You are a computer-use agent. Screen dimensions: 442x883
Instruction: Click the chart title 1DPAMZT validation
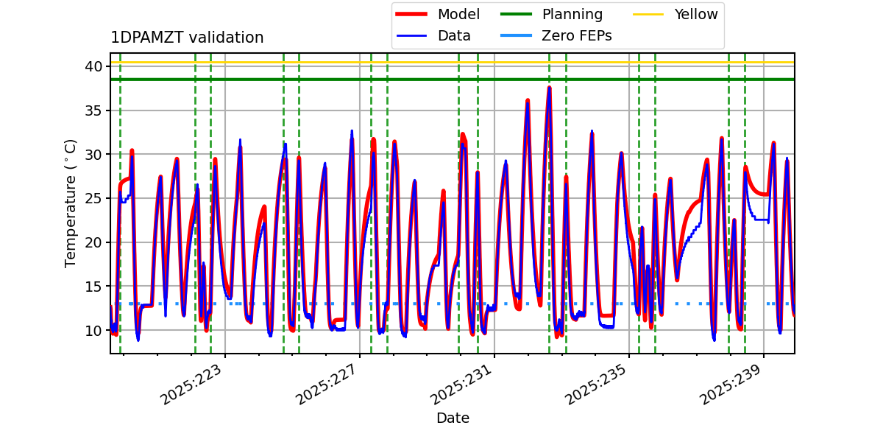(187, 38)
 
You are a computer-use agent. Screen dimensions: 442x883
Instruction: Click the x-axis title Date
(453, 418)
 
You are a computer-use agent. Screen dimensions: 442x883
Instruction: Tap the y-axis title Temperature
(71, 203)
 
